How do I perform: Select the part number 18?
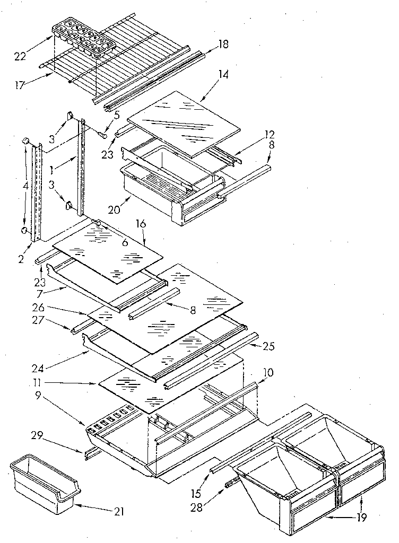pos(223,45)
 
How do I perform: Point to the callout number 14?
pos(223,75)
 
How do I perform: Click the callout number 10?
pos(268,373)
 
